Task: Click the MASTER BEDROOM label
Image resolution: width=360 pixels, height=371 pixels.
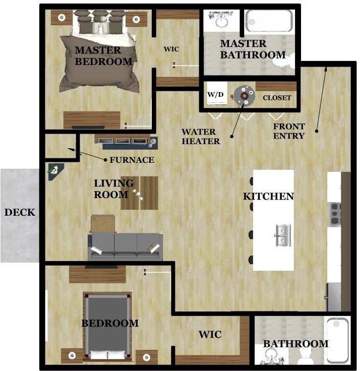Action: point(104,55)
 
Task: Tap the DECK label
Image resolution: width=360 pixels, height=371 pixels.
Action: point(20,212)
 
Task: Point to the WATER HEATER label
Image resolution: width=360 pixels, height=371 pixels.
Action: point(201,137)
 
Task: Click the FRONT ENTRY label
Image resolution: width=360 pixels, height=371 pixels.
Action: point(289,131)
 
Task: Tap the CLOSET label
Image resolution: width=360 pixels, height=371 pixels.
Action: point(277,98)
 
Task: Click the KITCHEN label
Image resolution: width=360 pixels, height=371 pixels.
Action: point(268,196)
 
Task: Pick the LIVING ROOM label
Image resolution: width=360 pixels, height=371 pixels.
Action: point(114,188)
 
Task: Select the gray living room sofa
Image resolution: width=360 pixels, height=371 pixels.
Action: point(126,246)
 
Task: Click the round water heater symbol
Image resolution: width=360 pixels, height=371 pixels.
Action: point(244,95)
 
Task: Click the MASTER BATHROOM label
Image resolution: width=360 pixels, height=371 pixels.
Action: point(253,49)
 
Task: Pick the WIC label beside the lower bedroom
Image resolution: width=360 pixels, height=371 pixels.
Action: point(210,335)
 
